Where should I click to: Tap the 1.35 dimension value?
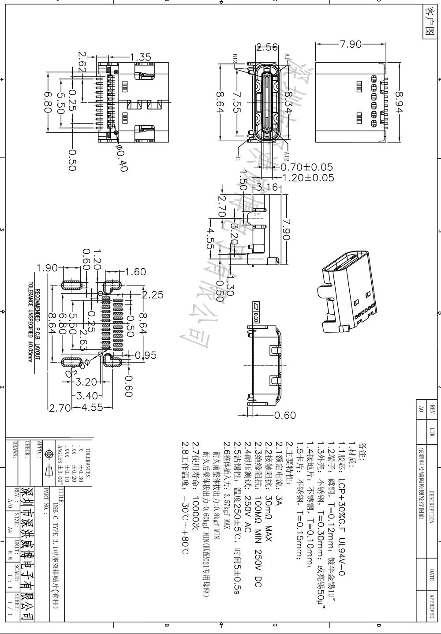pos(141,57)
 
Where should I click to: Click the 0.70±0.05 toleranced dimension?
pos(306,167)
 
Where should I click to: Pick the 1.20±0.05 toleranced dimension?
pos(307,178)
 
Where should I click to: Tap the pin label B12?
pos(235,60)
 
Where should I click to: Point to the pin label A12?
pos(286,155)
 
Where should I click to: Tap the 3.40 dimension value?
pos(87,396)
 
